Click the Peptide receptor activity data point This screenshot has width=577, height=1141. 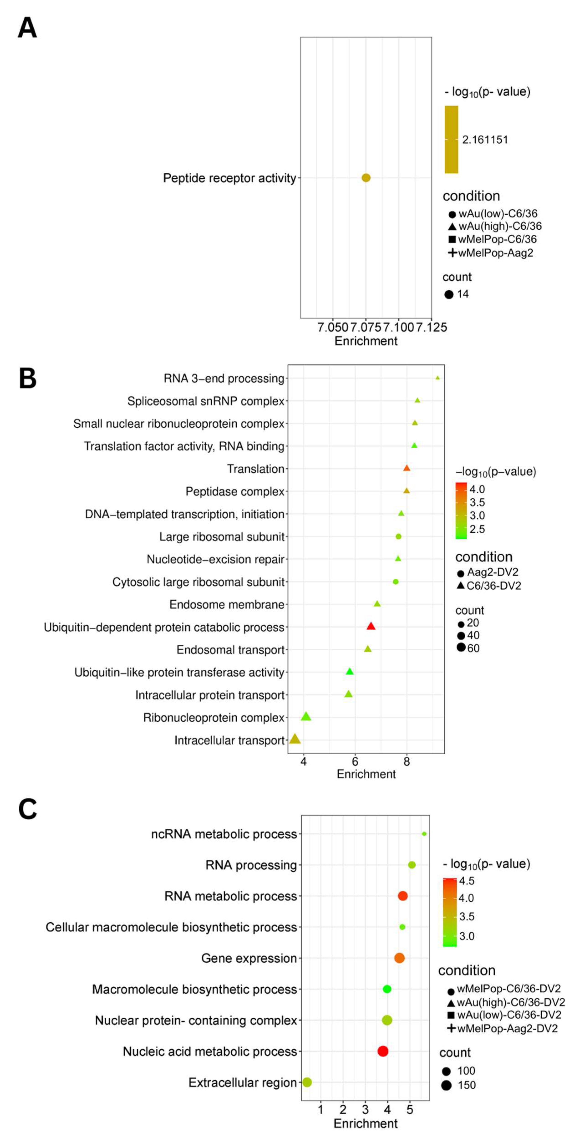pos(366,178)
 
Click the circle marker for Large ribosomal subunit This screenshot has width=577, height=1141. pos(398,536)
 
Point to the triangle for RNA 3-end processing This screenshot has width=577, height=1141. pos(438,378)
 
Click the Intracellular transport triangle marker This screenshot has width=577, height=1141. pos(295,739)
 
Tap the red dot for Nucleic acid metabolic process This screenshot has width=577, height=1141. pos(383,1051)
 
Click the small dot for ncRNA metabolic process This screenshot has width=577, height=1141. pos(424,834)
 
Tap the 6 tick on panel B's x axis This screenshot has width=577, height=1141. pos(355,762)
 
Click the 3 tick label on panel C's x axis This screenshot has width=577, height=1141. pos(365,1110)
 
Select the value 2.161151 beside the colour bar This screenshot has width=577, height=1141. pos(485,140)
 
